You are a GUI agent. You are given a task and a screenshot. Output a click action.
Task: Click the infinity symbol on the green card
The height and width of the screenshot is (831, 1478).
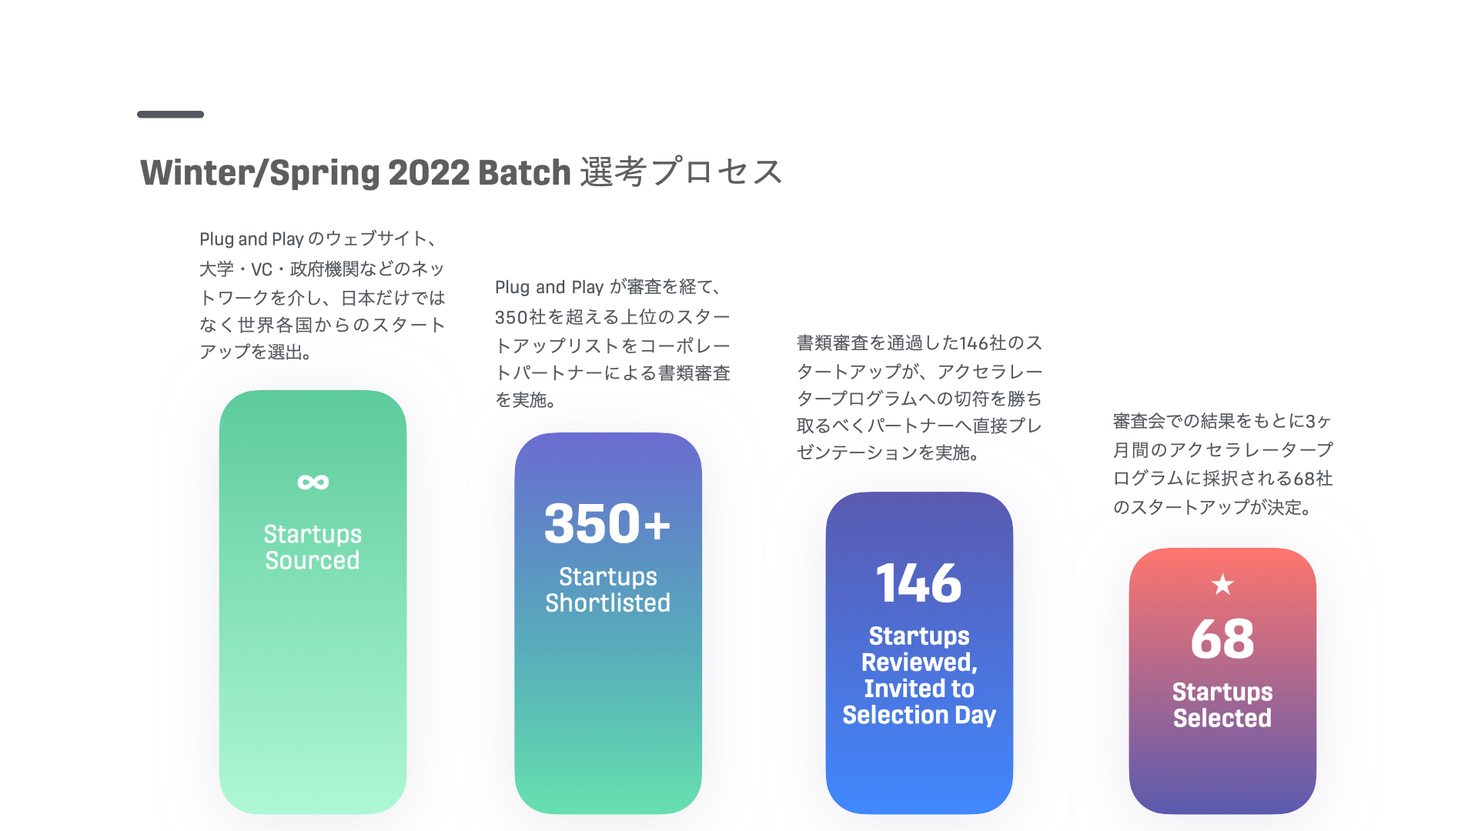coord(313,482)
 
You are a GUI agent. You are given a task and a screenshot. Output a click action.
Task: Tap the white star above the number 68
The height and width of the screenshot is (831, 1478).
coord(1222,585)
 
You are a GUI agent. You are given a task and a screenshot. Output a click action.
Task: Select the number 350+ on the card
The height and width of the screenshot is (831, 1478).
coord(607,524)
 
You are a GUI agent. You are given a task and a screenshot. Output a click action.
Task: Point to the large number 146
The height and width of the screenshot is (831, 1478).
coord(919,583)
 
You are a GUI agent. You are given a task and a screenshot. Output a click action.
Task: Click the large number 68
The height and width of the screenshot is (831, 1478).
coord(1222,639)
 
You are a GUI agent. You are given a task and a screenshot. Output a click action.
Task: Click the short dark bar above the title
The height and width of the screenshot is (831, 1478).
coord(170,115)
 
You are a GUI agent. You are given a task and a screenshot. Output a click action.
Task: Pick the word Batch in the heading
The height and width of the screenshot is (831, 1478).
coord(524,172)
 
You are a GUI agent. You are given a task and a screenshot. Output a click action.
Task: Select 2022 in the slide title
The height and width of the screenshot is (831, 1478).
coord(429,172)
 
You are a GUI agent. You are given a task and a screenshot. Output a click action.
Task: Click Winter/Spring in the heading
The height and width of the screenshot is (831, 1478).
coord(260,173)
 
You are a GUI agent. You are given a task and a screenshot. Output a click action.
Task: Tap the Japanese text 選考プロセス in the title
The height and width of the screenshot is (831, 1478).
coord(681,172)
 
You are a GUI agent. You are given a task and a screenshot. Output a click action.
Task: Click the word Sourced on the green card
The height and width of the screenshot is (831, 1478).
coord(313,560)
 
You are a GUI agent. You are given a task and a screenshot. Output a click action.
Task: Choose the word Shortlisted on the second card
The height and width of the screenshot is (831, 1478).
coord(608,602)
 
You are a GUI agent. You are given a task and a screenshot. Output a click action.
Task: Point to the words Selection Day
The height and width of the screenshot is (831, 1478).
coord(919,715)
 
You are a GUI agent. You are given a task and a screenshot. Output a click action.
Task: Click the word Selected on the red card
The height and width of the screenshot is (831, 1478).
coord(1222,718)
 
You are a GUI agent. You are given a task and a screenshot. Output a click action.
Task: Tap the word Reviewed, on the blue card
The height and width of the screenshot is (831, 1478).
coord(919,662)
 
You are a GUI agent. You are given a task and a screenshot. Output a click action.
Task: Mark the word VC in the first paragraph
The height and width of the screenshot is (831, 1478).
coord(262,269)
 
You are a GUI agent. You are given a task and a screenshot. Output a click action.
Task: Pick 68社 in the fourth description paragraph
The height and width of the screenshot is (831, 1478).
coord(1313,479)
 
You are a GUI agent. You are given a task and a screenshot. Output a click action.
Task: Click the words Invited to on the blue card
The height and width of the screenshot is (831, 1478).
coord(919,689)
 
